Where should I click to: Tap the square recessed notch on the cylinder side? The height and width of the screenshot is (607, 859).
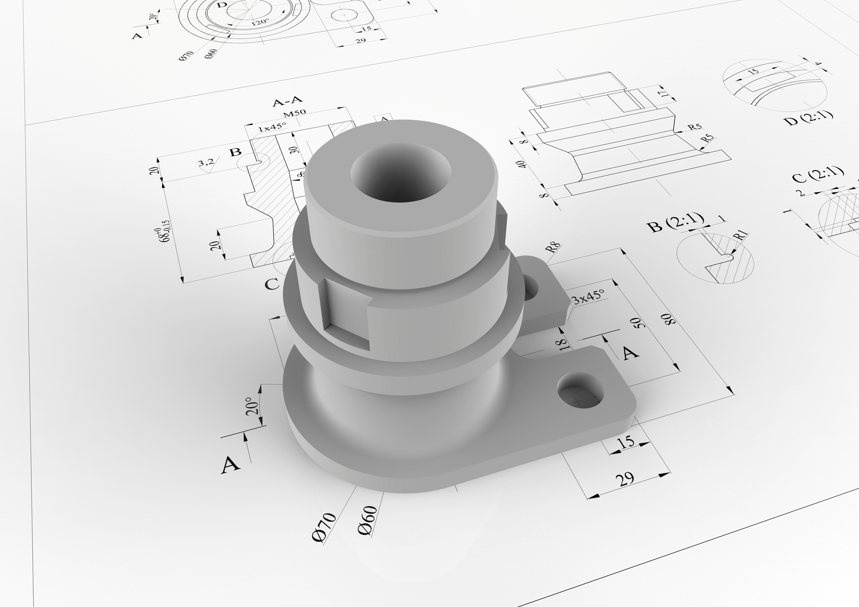click(x=347, y=315)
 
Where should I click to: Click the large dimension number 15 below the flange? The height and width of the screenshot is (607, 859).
click(x=626, y=442)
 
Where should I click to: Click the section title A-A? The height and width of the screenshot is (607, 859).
click(x=288, y=101)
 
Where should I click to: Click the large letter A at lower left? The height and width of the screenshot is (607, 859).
click(x=230, y=465)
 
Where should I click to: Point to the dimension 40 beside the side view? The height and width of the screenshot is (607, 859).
click(x=519, y=164)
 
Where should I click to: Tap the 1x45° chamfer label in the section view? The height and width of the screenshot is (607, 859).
click(x=272, y=128)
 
